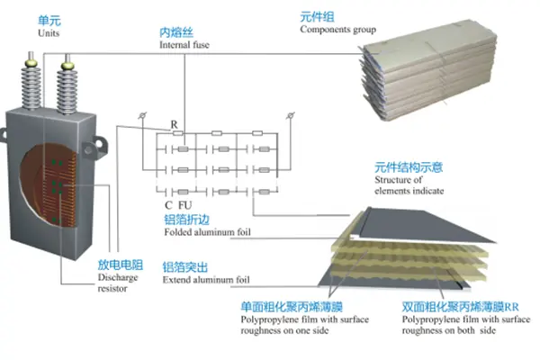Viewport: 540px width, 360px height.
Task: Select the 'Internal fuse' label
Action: (185, 44)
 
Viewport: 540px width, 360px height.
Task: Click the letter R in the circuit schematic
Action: (174, 124)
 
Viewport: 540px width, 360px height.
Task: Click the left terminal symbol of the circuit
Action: (145, 117)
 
